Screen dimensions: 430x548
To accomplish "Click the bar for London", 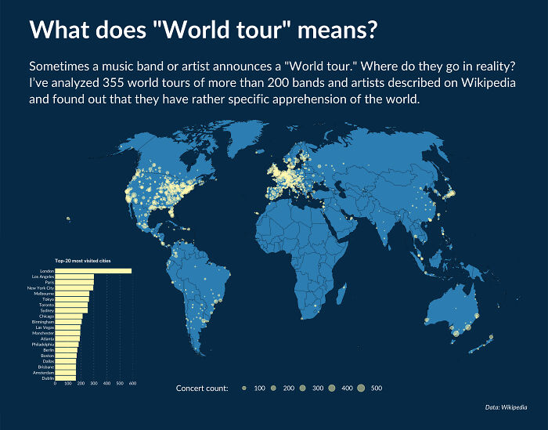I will [93, 271].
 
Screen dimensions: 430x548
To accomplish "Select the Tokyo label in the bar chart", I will [48, 299].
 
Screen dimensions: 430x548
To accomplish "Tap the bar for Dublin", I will [65, 378].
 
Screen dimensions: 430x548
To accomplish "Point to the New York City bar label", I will [41, 288].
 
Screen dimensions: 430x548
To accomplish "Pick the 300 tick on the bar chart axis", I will [93, 385].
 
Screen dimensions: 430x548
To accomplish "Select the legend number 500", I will [377, 388].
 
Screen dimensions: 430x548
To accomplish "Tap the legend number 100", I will [259, 388].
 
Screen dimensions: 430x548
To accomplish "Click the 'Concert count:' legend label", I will [202, 388].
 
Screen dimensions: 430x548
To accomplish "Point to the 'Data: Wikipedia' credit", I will [506, 407].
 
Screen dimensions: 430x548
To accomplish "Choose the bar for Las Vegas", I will [67, 327].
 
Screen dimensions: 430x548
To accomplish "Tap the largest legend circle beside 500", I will [360, 388].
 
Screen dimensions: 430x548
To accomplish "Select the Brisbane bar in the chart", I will [66, 367].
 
